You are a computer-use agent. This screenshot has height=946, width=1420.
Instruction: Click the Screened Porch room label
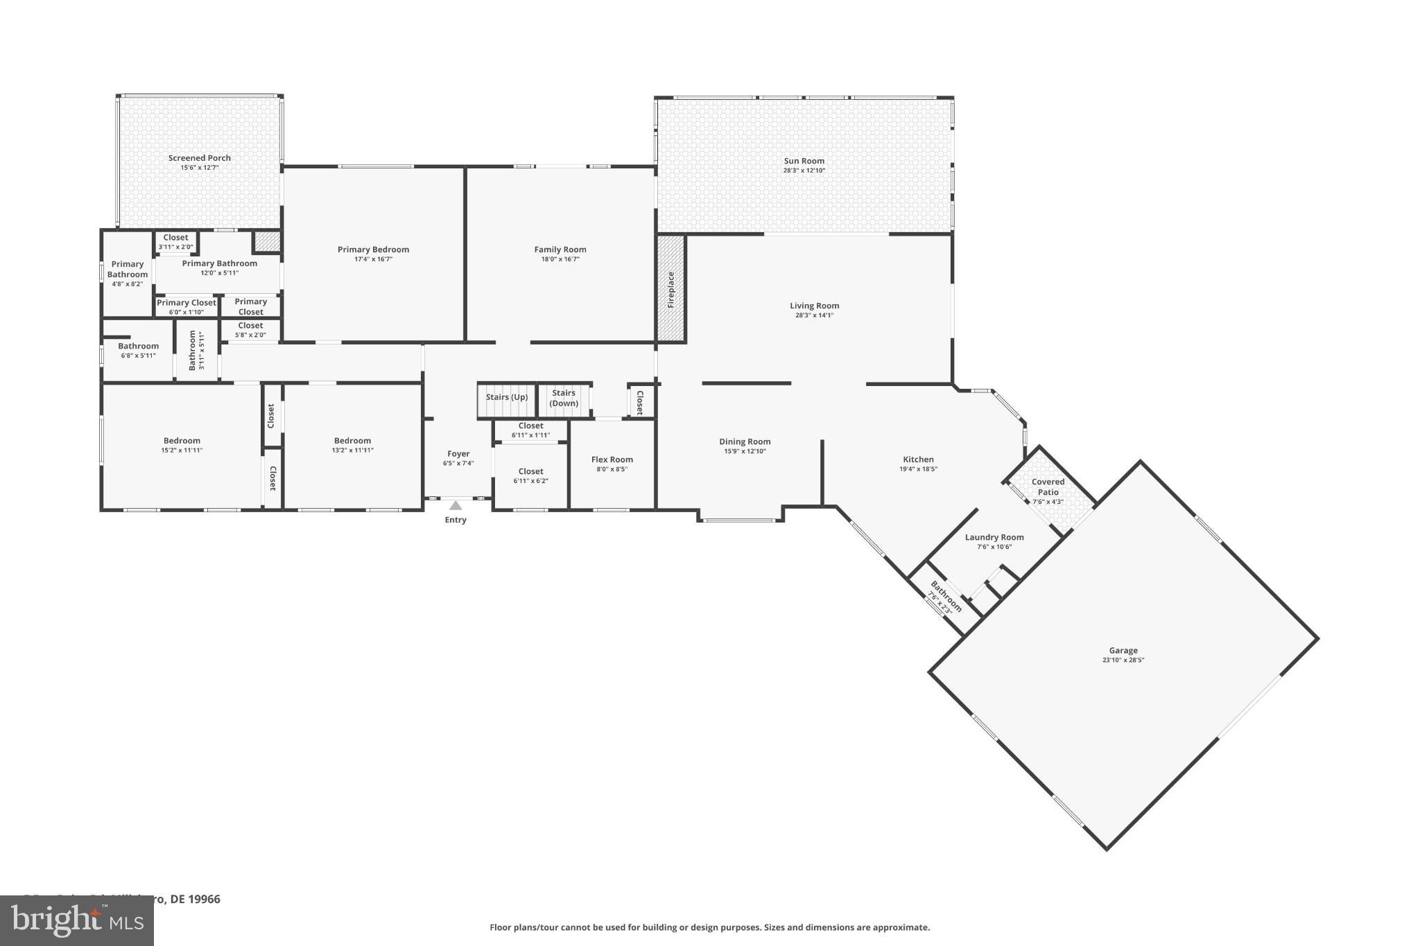pyautogui.click(x=200, y=158)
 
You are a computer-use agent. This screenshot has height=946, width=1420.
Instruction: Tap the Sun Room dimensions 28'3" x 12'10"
pyautogui.click(x=804, y=170)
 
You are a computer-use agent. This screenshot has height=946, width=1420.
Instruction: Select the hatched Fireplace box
pyautogui.click(x=671, y=289)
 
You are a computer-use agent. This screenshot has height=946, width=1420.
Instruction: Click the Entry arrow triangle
pyautogui.click(x=456, y=505)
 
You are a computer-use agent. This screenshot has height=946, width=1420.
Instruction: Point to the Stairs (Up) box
pyautogui.click(x=507, y=401)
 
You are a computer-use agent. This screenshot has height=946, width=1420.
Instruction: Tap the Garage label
pyautogui.click(x=1123, y=650)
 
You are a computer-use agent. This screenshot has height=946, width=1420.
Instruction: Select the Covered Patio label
pyautogui.click(x=1048, y=487)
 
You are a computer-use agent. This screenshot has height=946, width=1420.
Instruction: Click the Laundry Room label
pyautogui.click(x=994, y=537)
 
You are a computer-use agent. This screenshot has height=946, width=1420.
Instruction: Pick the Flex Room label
pyautogui.click(x=612, y=459)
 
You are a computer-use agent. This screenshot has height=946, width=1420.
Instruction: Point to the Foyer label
pyautogui.click(x=458, y=454)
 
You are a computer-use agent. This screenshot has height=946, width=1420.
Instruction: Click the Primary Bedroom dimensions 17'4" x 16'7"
pyautogui.click(x=373, y=259)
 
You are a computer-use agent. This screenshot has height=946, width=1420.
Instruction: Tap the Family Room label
pyautogui.click(x=560, y=249)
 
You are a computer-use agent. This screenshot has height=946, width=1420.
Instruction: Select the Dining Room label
pyautogui.click(x=745, y=441)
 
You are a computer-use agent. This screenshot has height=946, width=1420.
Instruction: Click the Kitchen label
pyautogui.click(x=918, y=459)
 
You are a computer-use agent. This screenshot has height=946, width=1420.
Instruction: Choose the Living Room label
pyautogui.click(x=815, y=306)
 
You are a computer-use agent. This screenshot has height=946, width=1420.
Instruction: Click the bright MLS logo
pyautogui.click(x=77, y=921)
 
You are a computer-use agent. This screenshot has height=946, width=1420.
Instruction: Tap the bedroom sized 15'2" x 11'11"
pyautogui.click(x=182, y=445)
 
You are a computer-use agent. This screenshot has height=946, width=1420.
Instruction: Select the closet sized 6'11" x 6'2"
pyautogui.click(x=530, y=476)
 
